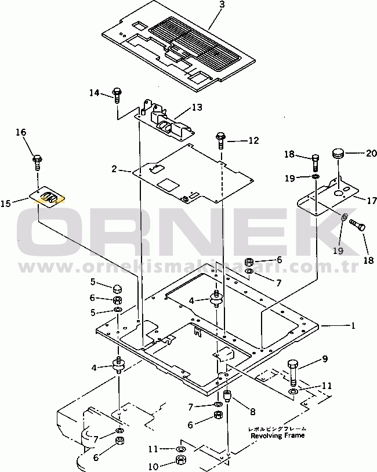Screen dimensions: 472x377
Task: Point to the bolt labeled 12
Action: tap(220, 139)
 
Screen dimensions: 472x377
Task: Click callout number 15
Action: tap(5, 204)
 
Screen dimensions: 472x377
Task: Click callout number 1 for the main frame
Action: tap(352, 326)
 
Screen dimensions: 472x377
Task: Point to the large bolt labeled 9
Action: tap(293, 371)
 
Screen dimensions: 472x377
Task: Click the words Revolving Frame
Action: tap(278, 435)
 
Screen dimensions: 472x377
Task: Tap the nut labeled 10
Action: tap(180, 462)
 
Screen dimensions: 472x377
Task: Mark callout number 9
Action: tap(325, 358)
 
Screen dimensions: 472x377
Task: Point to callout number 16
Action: tap(21, 133)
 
